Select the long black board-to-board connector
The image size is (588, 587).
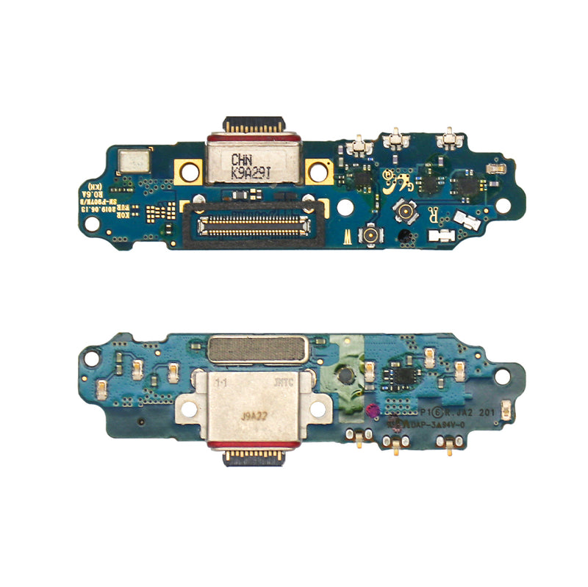point(250,220)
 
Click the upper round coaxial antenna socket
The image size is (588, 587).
point(404,212)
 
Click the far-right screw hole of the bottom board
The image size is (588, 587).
point(503,375)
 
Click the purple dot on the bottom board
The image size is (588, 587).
point(373,411)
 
